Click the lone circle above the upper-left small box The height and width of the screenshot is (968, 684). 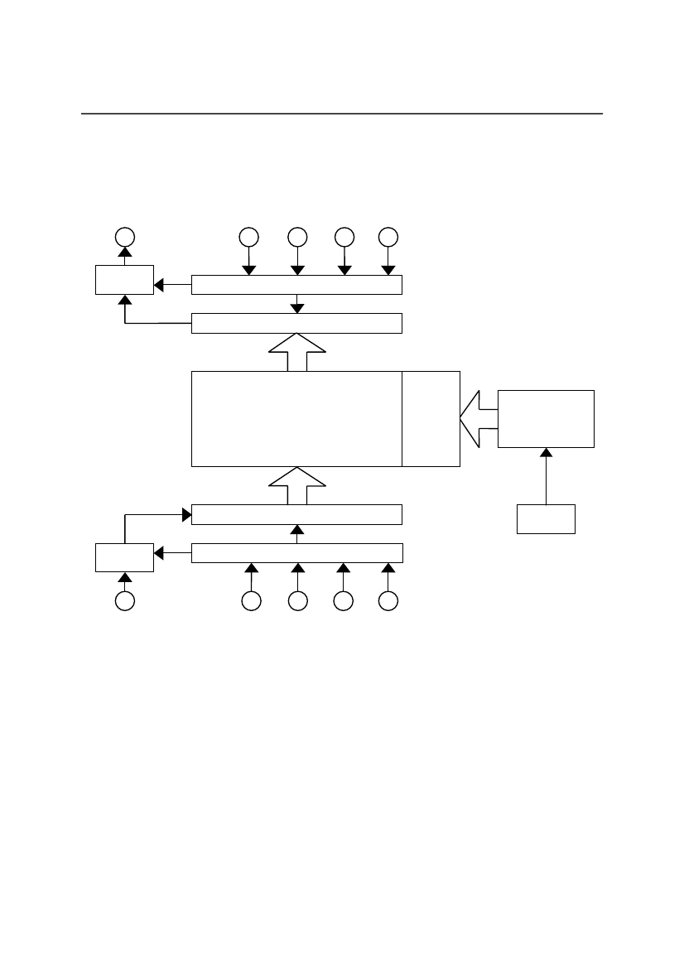pos(124,236)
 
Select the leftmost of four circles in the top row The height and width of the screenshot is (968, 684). pos(247,236)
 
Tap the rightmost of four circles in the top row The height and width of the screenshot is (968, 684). pos(388,236)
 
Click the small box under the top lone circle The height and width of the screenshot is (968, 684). pos(124,280)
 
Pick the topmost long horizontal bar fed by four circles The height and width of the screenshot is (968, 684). pos(296,285)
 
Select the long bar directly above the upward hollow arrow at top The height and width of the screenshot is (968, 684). pos(296,323)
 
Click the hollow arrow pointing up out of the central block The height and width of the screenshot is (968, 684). pos(297,353)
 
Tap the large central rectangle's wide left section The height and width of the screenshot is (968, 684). pos(296,419)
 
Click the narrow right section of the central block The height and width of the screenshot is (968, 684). pos(431,419)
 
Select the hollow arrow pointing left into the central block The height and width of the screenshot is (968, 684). pos(478,419)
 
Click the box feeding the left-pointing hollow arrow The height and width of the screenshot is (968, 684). pos(546,419)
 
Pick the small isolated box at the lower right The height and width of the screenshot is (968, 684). pos(546,518)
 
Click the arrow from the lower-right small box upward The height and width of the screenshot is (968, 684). pos(546,476)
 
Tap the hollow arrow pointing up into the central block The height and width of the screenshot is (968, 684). pos(297,485)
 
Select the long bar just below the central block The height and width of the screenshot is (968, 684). pos(296,514)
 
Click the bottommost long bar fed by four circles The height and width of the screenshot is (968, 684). pos(296,552)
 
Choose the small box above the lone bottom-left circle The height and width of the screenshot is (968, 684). pos(124,556)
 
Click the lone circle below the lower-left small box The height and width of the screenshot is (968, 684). pos(124,602)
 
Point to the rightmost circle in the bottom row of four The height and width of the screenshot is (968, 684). pos(388,602)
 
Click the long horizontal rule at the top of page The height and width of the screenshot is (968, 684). pos(341,113)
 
